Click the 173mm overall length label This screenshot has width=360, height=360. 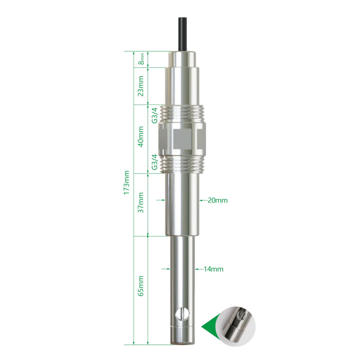pos(127,183)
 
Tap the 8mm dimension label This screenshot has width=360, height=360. pos(141,59)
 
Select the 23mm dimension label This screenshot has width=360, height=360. pos(140,86)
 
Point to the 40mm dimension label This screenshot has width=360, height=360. pos(140,137)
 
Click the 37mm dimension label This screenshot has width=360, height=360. pos(140,203)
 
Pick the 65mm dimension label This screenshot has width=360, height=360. pos(140,286)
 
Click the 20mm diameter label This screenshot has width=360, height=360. pos(218,201)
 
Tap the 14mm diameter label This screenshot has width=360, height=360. pos(213,269)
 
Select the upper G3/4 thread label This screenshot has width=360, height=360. pos(155,115)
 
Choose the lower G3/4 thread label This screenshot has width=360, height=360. pos(155,162)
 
